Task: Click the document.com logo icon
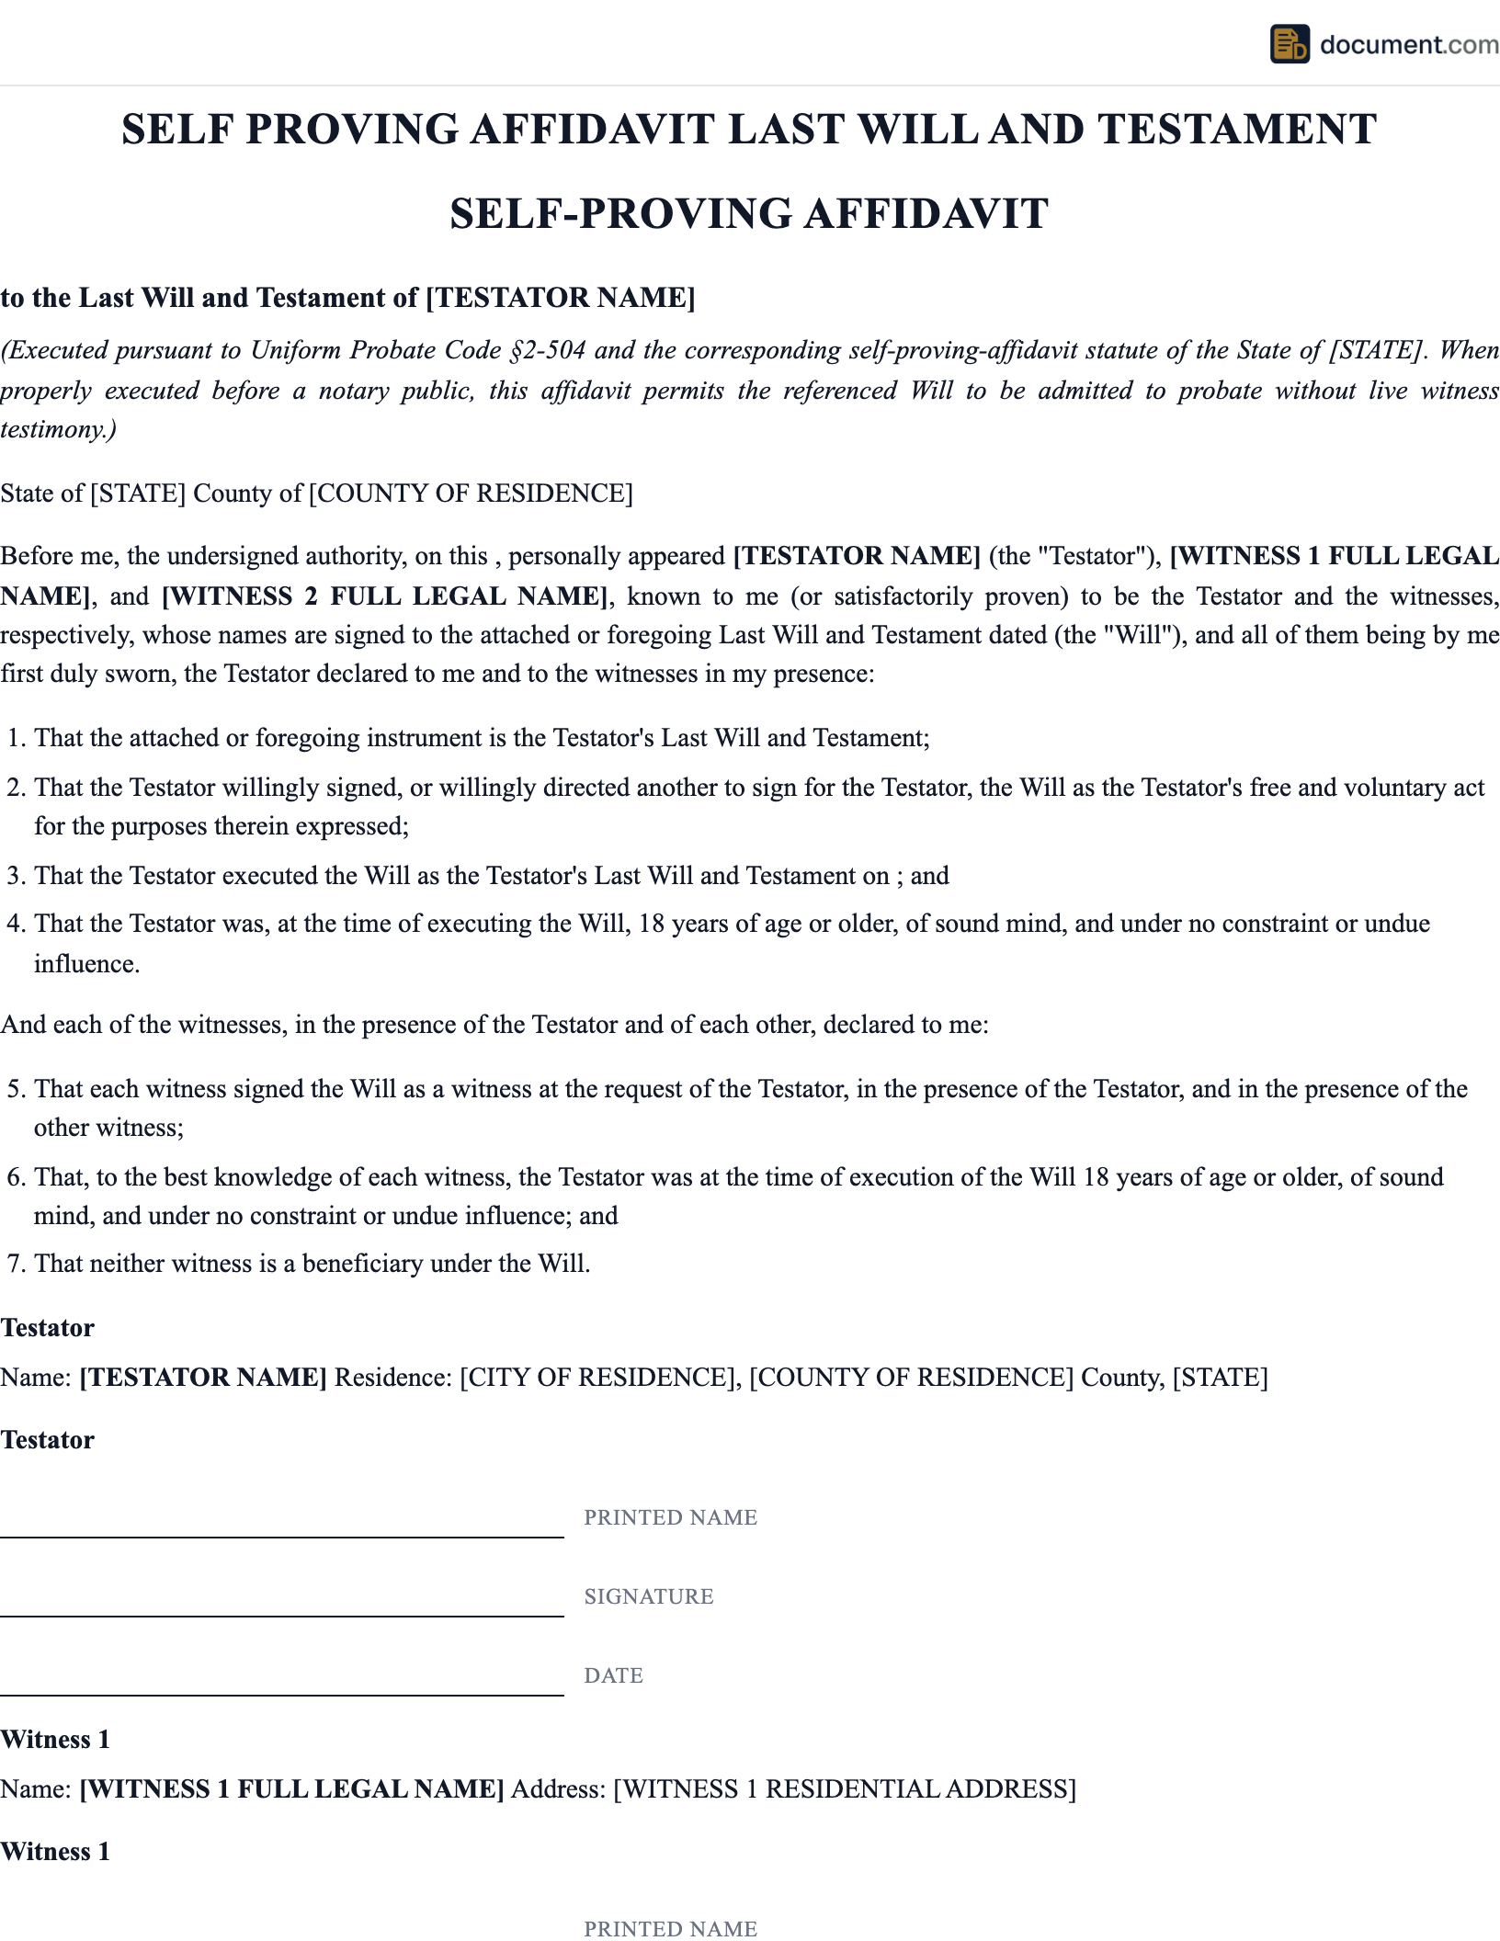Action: tap(1289, 44)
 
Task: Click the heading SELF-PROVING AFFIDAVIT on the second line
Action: tap(749, 214)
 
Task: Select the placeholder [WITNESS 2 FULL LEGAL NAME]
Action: tap(385, 596)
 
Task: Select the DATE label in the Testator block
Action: tap(613, 1675)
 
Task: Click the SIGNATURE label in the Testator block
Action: tap(649, 1596)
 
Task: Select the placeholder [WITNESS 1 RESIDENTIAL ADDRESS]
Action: tap(844, 1789)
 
